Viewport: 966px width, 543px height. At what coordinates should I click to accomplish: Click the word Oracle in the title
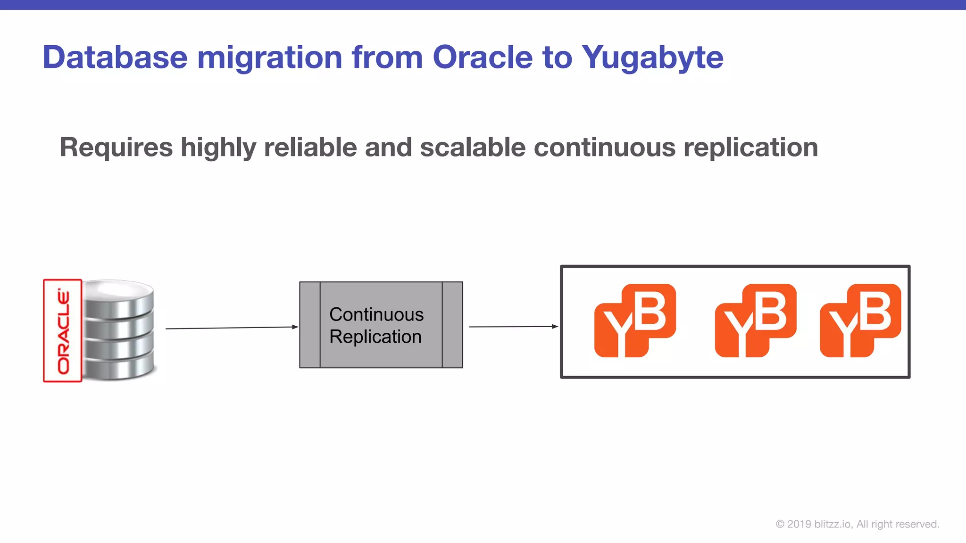(x=482, y=58)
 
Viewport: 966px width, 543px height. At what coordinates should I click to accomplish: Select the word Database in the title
(x=115, y=58)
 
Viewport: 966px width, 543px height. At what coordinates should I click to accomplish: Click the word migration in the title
(x=269, y=58)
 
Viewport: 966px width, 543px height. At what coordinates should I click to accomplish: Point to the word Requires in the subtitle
(x=116, y=148)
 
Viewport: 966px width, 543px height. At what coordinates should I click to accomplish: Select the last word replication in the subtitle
(x=750, y=148)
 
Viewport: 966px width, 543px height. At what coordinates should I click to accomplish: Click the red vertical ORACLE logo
(x=63, y=330)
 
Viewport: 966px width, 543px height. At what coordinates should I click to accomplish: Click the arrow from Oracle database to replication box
(x=231, y=328)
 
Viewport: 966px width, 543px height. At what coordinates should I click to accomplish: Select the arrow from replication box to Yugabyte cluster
(x=513, y=326)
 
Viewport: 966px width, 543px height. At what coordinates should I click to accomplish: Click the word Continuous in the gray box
(x=376, y=314)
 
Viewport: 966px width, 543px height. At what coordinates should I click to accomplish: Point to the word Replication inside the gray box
(x=375, y=337)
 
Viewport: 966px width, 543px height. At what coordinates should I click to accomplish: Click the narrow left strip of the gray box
(x=310, y=325)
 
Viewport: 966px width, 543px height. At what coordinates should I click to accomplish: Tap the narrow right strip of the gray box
(x=452, y=325)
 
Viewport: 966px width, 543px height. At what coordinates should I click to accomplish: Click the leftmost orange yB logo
(x=635, y=321)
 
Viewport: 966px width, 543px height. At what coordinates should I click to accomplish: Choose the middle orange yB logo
(x=755, y=321)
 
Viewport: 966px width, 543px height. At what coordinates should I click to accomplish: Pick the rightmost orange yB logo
(x=860, y=321)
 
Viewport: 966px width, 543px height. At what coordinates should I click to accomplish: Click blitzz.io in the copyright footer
(x=833, y=524)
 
